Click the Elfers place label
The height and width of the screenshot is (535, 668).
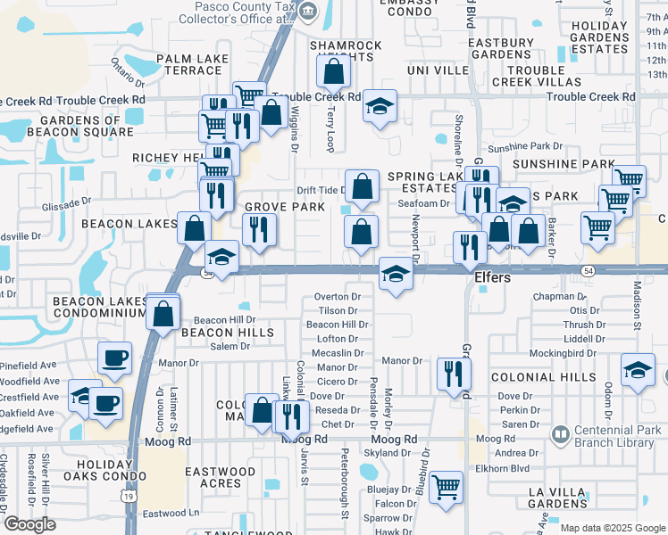point(492,278)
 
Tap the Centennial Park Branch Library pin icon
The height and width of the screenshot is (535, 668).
point(560,435)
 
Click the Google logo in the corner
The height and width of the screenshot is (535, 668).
point(29,524)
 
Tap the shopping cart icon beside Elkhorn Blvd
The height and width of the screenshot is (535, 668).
point(446,487)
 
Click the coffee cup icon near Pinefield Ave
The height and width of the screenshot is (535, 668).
point(114,358)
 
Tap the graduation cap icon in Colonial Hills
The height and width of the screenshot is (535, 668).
point(638,370)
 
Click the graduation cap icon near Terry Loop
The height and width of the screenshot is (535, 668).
point(380,109)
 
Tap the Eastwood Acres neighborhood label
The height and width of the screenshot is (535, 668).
point(220,477)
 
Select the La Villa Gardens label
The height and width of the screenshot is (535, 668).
point(562,498)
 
